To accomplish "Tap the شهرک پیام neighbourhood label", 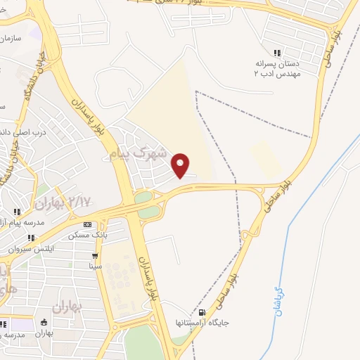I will click(x=139, y=152).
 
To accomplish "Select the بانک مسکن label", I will click(x=88, y=236).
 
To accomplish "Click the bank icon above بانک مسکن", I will click(x=88, y=225).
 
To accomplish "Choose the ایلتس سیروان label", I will click(x=30, y=249).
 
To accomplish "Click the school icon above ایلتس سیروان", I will click(x=30, y=238).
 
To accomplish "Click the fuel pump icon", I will click(x=203, y=313).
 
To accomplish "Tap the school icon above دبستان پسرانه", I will click(x=277, y=53).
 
